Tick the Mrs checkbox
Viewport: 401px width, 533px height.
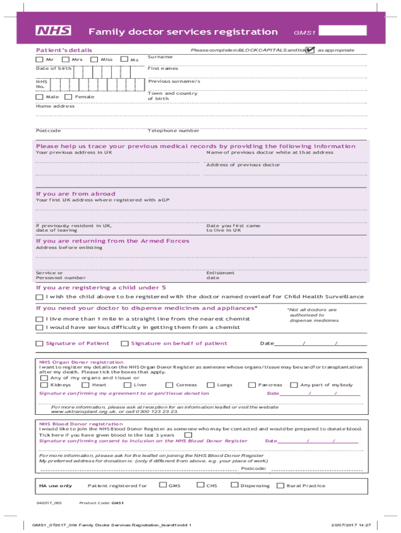pos(66,59)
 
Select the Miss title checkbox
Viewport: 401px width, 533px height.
pos(94,59)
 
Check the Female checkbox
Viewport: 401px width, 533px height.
pos(68,97)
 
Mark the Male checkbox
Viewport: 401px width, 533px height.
pos(40,97)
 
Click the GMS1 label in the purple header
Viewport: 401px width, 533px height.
pos(305,33)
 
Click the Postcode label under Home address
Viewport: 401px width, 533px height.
pos(48,131)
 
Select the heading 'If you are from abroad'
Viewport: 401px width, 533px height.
pos(76,194)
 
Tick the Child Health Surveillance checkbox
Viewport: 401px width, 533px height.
pos(40,297)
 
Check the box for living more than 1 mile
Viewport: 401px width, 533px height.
pos(40,319)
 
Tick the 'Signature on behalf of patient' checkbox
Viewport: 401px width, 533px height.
pos(124,344)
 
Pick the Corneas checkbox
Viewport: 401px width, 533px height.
pos(169,385)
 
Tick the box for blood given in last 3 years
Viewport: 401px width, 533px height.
pos(188,435)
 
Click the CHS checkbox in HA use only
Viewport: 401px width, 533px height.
pos(200,486)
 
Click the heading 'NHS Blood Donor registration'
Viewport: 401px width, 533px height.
pos(81,424)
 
